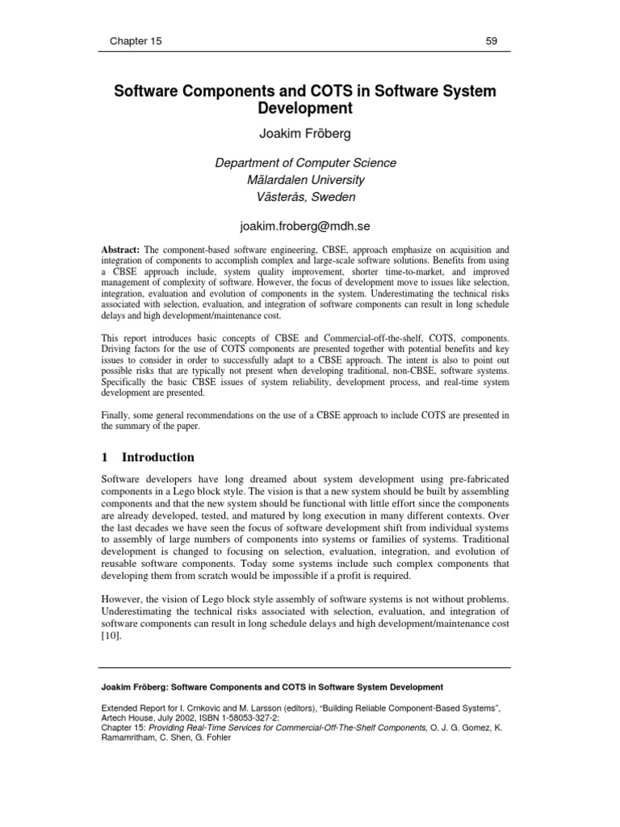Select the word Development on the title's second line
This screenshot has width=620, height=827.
coord(305,108)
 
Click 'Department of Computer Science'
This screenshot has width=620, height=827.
coord(305,163)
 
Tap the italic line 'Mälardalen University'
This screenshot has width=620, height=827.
coord(305,180)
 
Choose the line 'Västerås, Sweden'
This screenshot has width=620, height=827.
coord(305,197)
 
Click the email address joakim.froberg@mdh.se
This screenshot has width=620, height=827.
coord(305,227)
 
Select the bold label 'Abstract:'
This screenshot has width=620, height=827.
coord(120,251)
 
